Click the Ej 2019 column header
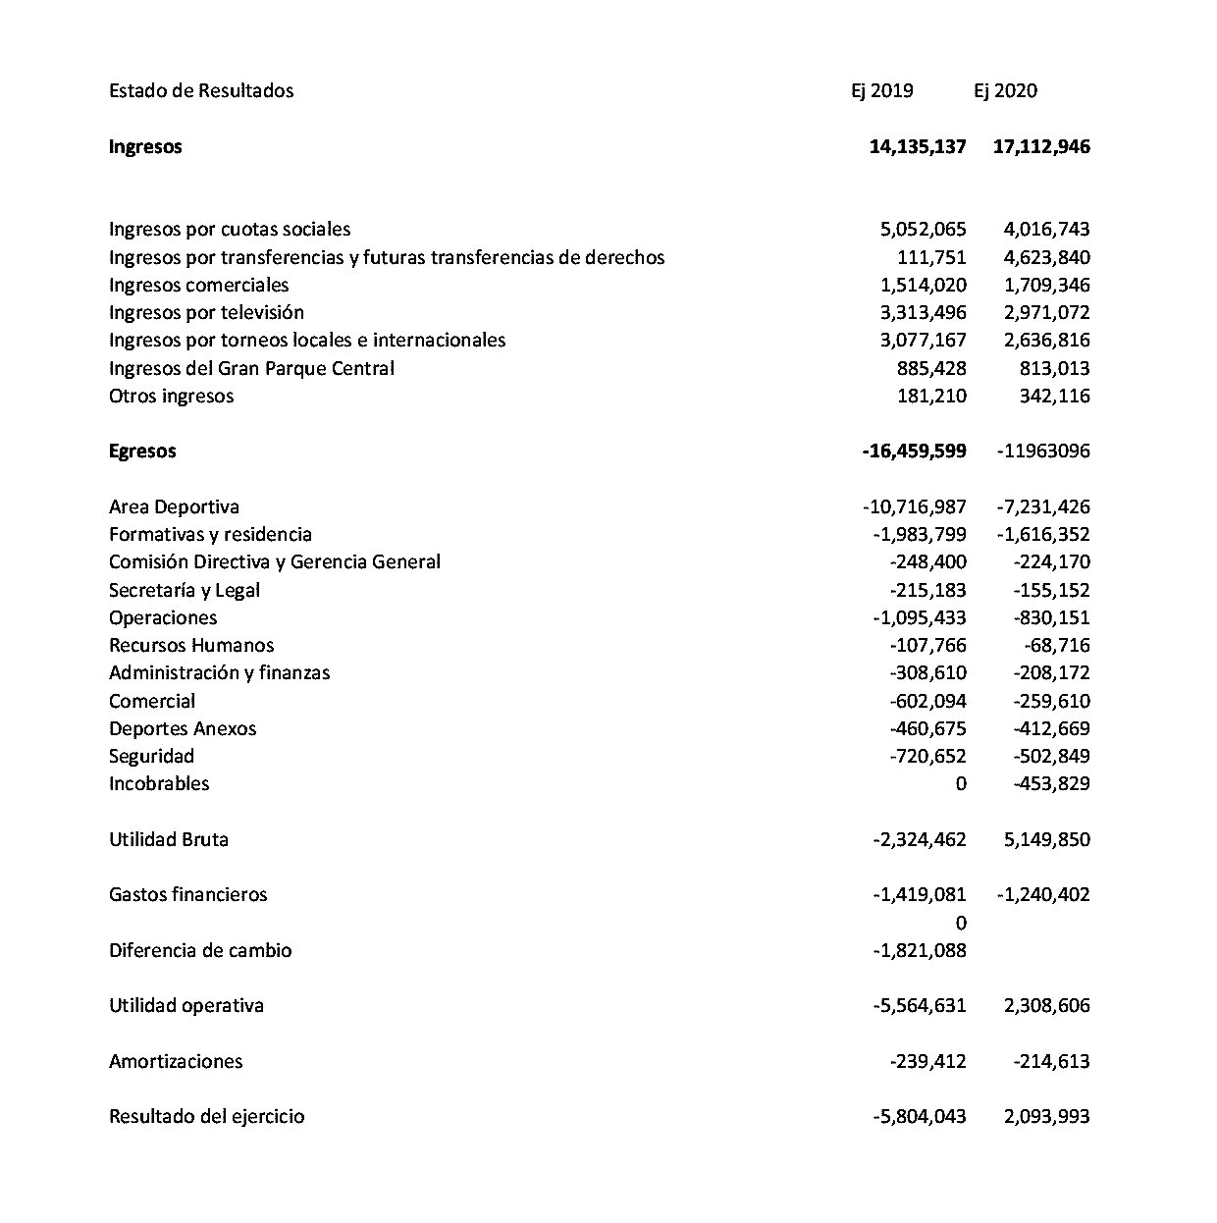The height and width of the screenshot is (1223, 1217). coord(881,91)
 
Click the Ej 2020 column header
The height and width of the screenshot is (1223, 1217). coord(1005,91)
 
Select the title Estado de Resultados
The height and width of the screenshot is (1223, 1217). coord(201,91)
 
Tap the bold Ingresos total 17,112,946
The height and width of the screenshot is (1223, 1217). coord(1040,147)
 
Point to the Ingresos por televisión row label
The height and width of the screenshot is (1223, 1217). coord(206,313)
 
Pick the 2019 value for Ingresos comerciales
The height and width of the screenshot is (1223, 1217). coord(924,286)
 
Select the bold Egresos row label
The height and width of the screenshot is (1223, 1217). coord(142,452)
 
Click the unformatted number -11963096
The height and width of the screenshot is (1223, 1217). coord(1042,452)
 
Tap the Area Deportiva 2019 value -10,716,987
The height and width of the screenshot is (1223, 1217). coord(915,507)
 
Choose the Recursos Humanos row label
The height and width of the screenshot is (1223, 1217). coord(191,646)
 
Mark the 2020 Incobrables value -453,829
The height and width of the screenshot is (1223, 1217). coord(1051,784)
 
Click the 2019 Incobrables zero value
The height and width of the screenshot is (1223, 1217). coord(960,784)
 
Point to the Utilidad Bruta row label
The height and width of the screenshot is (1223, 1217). coord(169,840)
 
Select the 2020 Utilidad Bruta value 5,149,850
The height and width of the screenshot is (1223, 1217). coord(1046,840)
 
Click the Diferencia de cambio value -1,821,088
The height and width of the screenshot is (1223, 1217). coord(919,951)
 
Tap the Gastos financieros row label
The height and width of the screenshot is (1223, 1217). coord(187,895)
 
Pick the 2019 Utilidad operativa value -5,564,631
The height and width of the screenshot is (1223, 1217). coord(919,1006)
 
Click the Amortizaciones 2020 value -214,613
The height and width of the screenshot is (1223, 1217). coord(1051,1062)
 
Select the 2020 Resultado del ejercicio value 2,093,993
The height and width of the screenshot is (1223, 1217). coord(1046,1117)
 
